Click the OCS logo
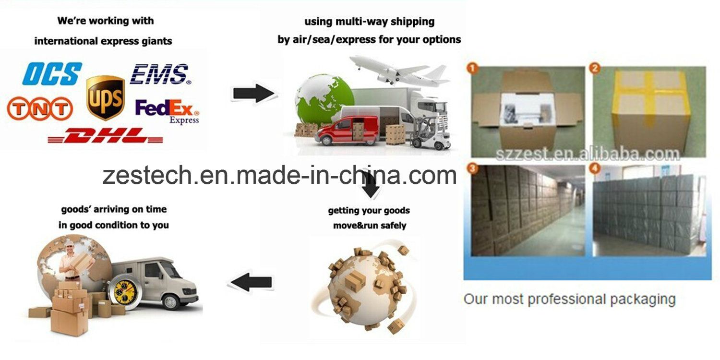[52, 73]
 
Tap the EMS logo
[160, 74]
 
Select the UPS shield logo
[106, 98]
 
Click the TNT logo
[40, 108]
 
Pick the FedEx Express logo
[167, 111]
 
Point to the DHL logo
[106, 135]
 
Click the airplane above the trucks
[398, 70]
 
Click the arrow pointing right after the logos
[254, 94]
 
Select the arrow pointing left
[252, 282]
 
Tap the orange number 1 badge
[472, 68]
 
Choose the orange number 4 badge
[595, 168]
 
